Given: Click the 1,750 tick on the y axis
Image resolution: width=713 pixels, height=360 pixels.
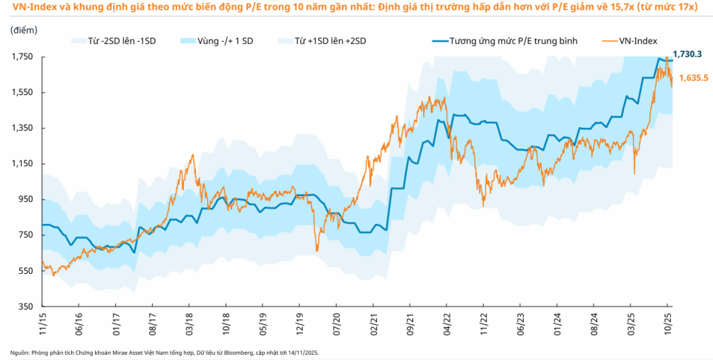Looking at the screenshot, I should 24,56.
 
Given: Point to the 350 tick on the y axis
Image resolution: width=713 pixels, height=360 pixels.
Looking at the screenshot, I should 27,307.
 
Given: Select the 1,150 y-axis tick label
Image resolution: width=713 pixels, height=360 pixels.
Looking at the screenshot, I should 24,164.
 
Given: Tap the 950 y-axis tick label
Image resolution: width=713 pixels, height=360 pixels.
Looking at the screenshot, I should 27,200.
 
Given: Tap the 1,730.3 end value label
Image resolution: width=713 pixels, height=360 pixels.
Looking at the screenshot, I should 688,54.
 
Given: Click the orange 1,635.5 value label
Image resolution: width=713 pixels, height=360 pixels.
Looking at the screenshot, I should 694,77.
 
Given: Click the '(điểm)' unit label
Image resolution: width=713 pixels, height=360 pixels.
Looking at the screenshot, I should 23,29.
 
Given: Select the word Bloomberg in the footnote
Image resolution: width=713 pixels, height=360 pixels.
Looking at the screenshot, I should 230,352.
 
